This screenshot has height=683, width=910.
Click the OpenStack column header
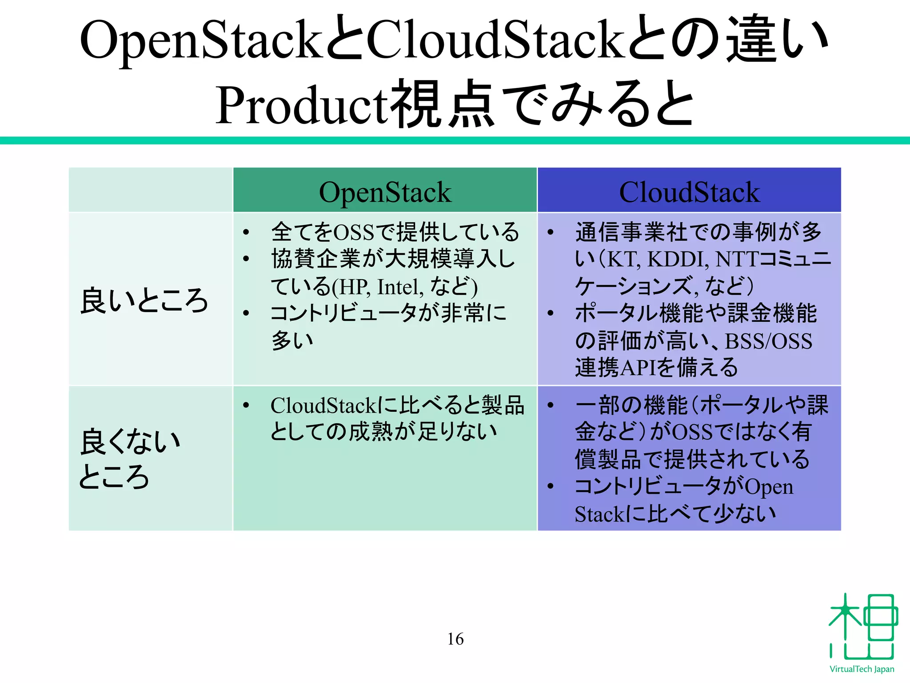(385, 192)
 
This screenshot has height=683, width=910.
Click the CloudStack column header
(689, 192)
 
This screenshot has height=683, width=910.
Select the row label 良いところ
(144, 301)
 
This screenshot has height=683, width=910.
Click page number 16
(455, 639)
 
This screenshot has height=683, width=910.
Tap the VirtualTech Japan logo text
(862, 669)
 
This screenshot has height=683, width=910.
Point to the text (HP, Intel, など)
(404, 287)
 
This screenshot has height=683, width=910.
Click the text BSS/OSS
(768, 341)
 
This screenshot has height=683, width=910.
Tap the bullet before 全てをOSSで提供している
(246, 232)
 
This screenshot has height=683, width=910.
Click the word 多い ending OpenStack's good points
(292, 341)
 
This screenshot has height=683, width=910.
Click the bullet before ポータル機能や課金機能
(551, 313)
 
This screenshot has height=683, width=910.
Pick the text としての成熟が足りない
(383, 431)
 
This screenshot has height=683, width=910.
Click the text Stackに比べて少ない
(675, 514)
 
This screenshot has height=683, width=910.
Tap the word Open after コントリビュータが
(769, 487)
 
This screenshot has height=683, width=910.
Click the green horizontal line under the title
(455, 141)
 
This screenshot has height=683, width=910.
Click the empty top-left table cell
(151, 190)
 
